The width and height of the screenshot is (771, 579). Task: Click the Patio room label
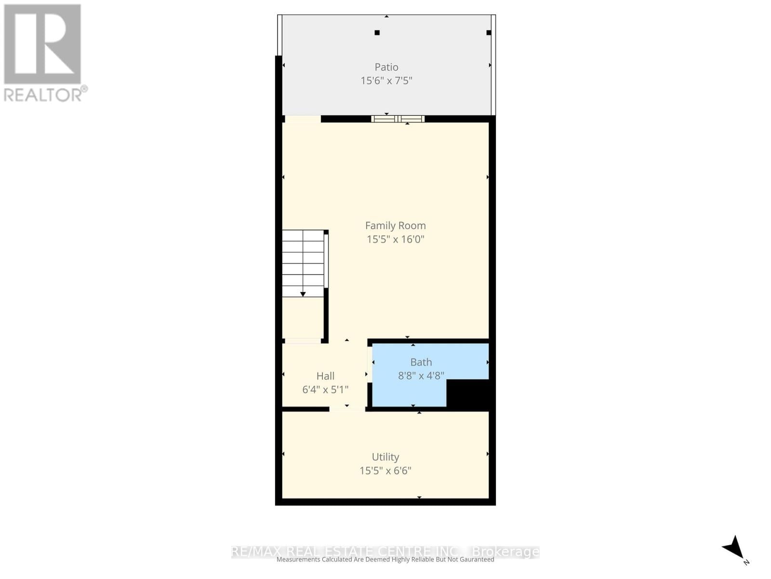[386, 67]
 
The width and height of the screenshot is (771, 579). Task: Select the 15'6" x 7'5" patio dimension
[386, 81]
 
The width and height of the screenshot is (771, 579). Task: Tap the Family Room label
[395, 225]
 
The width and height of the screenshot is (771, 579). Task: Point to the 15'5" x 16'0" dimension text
[395, 239]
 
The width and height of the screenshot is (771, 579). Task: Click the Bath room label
[421, 362]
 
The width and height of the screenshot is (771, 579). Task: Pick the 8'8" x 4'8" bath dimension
[421, 375]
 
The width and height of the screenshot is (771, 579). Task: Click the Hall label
[325, 376]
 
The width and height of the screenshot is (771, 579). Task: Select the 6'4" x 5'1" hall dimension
[325, 389]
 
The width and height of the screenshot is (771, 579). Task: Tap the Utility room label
[385, 457]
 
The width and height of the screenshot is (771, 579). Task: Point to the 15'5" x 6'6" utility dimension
[385, 470]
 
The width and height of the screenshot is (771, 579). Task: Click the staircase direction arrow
[303, 293]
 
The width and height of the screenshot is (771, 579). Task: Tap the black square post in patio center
[377, 33]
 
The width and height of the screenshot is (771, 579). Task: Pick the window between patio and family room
[398, 119]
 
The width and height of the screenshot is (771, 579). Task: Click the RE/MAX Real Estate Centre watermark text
[385, 551]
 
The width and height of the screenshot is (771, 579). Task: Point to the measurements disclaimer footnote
[385, 560]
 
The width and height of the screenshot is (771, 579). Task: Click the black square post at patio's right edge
[489, 33]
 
